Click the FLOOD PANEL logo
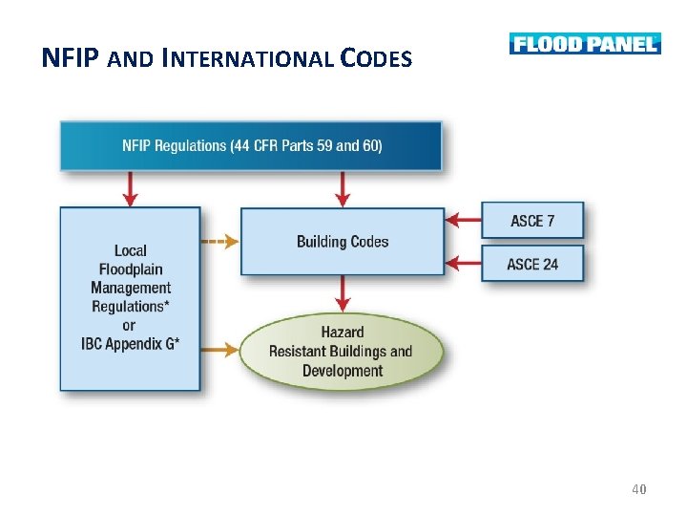click(x=585, y=44)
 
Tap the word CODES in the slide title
click(x=374, y=59)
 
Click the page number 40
click(x=639, y=489)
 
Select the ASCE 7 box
click(x=532, y=221)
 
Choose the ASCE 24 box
click(x=532, y=264)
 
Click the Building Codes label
click(x=343, y=242)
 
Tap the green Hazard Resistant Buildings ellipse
click(x=342, y=351)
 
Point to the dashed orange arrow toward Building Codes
click(x=220, y=242)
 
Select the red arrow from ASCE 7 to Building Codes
click(x=464, y=221)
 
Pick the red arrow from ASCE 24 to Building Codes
click(x=464, y=260)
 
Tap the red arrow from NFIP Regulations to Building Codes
click(x=343, y=189)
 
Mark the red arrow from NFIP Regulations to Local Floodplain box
click(x=131, y=189)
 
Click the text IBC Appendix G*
click(x=131, y=344)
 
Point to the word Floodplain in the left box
click(x=131, y=269)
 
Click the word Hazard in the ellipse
click(x=342, y=332)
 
